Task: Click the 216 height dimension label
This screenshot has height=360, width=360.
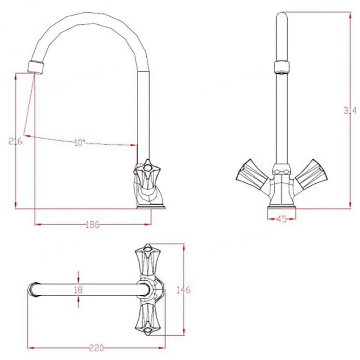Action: [x=16, y=141]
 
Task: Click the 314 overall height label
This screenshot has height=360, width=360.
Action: [x=350, y=110]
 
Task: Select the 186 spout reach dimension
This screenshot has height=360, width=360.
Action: [x=93, y=225]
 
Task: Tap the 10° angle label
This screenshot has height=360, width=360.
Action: [x=80, y=143]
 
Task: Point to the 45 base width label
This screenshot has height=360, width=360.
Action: [x=282, y=219]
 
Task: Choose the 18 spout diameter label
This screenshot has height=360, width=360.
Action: [x=78, y=289]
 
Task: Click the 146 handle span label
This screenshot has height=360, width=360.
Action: [x=184, y=290]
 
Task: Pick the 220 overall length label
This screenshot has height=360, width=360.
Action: [x=96, y=348]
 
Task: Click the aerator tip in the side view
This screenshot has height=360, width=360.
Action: [x=36, y=67]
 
